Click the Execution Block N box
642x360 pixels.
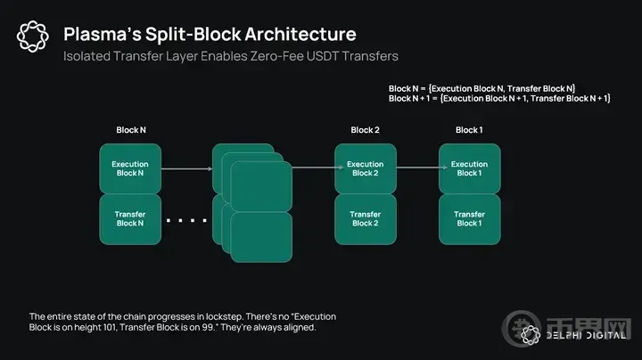tap(130, 168)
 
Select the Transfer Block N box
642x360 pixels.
tap(130, 219)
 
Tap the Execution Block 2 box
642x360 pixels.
tap(366, 168)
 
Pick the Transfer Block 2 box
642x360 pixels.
tap(366, 219)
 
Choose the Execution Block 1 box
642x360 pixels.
tap(470, 168)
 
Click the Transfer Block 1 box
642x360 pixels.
tap(470, 219)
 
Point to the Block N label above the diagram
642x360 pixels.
tap(131, 130)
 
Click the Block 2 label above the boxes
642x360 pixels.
tap(366, 130)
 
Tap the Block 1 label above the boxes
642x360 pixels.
tap(469, 130)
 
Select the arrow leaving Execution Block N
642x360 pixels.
tap(186, 168)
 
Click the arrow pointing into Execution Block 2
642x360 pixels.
tap(317, 167)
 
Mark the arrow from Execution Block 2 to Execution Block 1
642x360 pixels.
tap(422, 167)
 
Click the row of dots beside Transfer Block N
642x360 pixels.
tap(186, 221)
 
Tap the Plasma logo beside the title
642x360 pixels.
tap(33, 37)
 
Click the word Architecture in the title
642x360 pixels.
tap(300, 34)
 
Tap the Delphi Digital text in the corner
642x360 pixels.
tap(586, 335)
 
